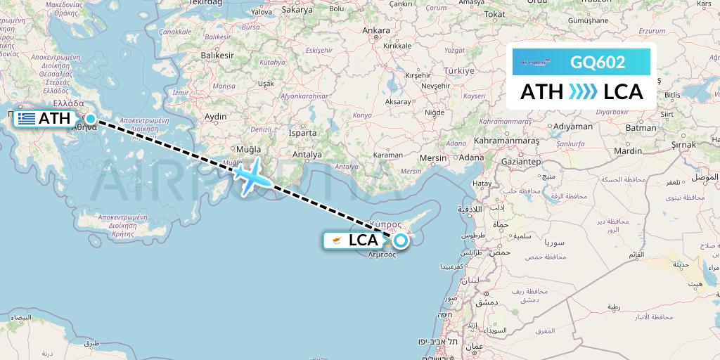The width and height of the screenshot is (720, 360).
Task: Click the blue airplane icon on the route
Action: click(x=251, y=176)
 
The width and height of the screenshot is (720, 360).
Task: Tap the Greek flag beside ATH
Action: click(x=27, y=119)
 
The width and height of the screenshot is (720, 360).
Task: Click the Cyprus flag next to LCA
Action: click(x=337, y=240)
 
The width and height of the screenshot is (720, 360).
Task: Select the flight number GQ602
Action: click(x=598, y=62)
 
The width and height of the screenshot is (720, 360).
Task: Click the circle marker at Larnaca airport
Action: click(x=400, y=241)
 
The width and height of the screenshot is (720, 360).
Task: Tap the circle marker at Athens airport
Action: click(x=91, y=118)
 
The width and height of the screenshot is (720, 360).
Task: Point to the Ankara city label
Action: click(x=375, y=30)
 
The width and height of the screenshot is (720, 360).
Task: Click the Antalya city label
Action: click(x=307, y=154)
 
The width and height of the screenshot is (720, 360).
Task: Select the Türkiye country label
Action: click(x=459, y=71)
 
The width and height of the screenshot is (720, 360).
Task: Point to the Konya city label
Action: click(x=362, y=115)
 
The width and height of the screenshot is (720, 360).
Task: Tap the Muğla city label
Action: click(x=250, y=149)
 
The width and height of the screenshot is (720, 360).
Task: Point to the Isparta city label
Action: click(x=302, y=132)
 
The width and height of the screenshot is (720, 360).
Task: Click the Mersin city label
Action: click(x=433, y=157)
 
